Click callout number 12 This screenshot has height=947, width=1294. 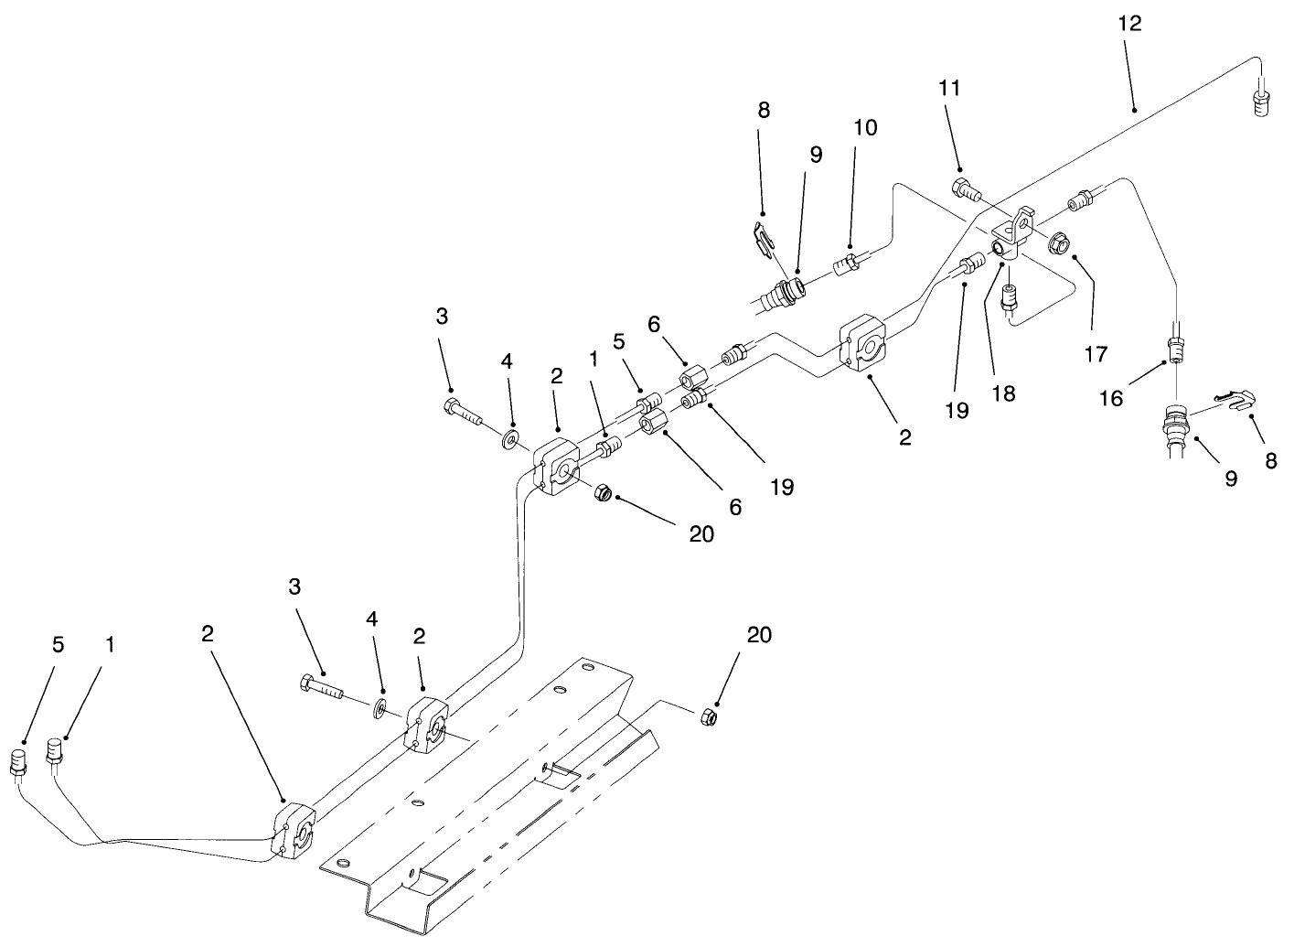[1130, 24]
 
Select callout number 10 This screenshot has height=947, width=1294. [864, 127]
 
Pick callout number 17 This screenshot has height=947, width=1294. [1096, 353]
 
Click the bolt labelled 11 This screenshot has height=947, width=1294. [966, 190]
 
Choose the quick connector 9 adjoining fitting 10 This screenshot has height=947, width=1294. [783, 294]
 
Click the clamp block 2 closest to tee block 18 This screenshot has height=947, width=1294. [863, 344]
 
